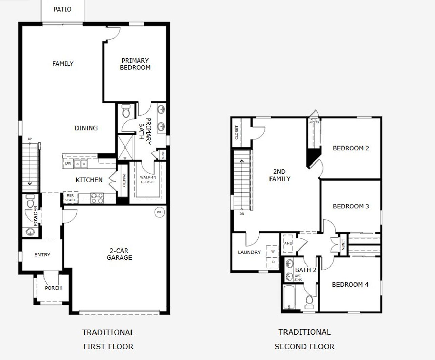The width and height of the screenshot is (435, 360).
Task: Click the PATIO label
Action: point(63,9)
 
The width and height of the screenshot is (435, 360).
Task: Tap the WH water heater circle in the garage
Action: point(160,212)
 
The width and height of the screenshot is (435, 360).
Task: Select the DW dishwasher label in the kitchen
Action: point(68,164)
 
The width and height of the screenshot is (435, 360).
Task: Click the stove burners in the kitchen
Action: point(97,198)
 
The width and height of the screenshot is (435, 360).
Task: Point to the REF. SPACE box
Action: point(71,198)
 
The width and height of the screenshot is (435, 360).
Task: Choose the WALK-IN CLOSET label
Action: point(148,179)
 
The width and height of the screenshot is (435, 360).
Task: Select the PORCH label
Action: point(53,288)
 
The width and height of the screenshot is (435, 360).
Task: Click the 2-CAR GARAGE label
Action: point(119,254)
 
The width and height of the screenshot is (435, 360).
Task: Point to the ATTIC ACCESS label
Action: point(314,121)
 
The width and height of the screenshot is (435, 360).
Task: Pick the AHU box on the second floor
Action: point(288,243)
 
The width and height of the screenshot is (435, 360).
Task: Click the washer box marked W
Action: point(273,251)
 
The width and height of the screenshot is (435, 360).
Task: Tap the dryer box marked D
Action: point(273,262)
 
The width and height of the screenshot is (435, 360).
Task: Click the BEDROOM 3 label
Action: point(351,206)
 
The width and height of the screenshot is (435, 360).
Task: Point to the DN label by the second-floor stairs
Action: point(242,214)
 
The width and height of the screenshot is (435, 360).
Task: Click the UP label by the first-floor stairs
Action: point(30,139)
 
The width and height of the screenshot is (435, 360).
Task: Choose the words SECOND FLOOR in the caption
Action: point(304,347)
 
